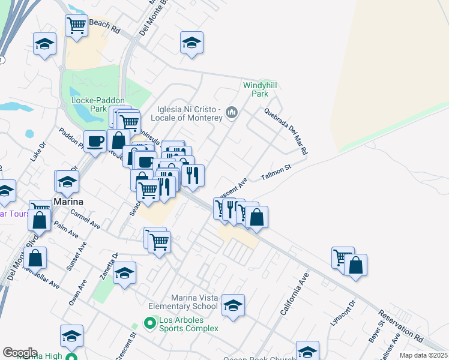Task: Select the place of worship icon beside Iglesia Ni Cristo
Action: tap(232, 112)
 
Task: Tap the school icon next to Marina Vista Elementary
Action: tap(233, 305)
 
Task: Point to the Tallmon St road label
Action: tap(276, 172)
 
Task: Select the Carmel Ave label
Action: tap(85, 219)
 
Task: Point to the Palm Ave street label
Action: tap(66, 229)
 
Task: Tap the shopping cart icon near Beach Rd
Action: tap(76, 26)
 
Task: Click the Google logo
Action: tap(20, 353)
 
